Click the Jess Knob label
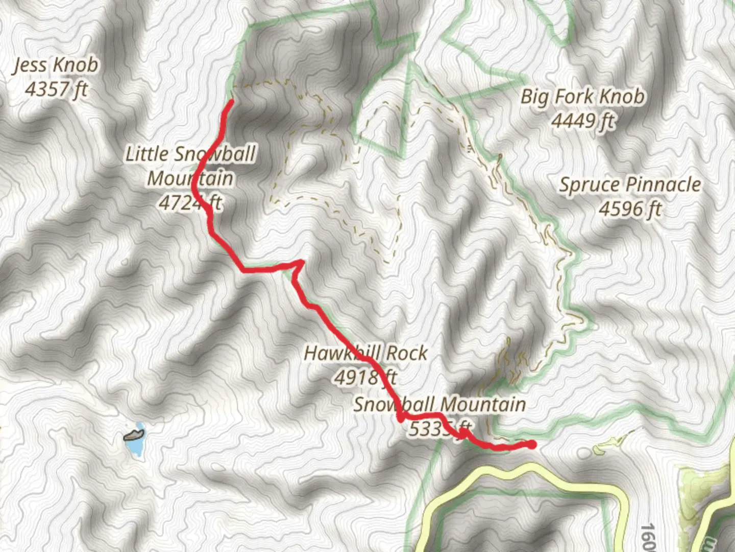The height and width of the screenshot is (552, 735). click(56, 65)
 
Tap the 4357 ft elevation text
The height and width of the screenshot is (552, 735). click(56, 89)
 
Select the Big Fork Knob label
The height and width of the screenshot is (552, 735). click(582, 97)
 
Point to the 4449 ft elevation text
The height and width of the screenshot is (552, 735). click(583, 121)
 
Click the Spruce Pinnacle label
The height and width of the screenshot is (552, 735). click(630, 185)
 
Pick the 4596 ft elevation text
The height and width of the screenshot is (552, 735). click(630, 209)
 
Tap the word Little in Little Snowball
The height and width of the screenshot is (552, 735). click(147, 154)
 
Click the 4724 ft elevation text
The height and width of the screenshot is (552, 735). click(190, 203)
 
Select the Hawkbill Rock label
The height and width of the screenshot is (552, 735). click(365, 353)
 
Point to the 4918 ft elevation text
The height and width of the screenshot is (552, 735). click(365, 378)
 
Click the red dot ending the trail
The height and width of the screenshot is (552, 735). click(532, 445)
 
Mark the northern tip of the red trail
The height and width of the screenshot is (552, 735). click(231, 102)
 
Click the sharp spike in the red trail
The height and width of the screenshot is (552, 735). click(301, 263)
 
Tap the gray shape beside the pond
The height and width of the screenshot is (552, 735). click(134, 435)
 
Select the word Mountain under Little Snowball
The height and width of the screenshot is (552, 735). click(190, 179)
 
